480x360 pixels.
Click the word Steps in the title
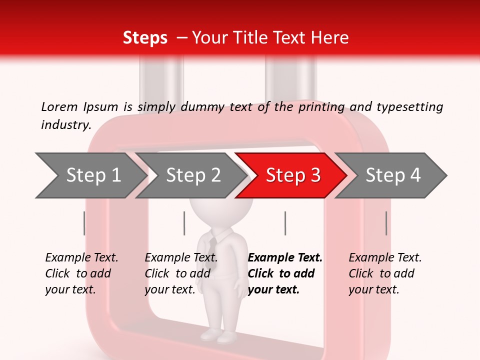coord(145,38)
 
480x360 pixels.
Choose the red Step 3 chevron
coord(292,175)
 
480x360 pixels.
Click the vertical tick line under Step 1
coord(84,223)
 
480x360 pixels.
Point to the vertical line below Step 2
coord(184,223)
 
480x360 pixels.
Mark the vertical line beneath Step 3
coord(285,223)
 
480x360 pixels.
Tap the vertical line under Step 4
coord(386,223)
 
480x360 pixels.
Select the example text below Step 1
coord(81,273)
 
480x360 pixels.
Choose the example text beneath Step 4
coord(385,273)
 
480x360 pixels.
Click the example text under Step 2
coord(181,273)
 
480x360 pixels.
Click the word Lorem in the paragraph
coord(59,107)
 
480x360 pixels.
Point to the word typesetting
coord(409,107)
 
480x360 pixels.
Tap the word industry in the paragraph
coord(65,125)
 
